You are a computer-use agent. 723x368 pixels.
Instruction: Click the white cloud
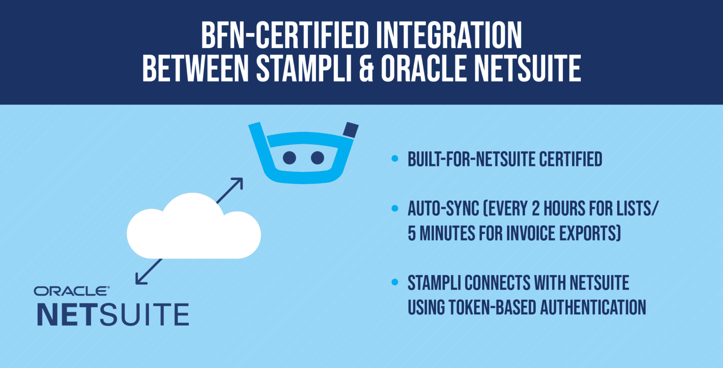pos(194,229)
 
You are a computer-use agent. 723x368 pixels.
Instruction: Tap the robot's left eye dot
pos(289,157)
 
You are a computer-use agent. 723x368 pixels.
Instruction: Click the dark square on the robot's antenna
pos(351,130)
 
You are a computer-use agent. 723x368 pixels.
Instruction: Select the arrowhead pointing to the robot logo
pos(238,182)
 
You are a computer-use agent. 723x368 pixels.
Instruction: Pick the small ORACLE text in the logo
pos(71,291)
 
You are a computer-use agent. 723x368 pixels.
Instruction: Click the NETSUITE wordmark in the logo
pos(113,314)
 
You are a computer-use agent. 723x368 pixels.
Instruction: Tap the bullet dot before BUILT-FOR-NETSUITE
pos(395,160)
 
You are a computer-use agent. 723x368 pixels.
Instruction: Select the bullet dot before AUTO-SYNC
pos(395,209)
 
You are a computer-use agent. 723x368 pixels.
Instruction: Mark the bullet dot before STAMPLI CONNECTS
pos(395,283)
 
